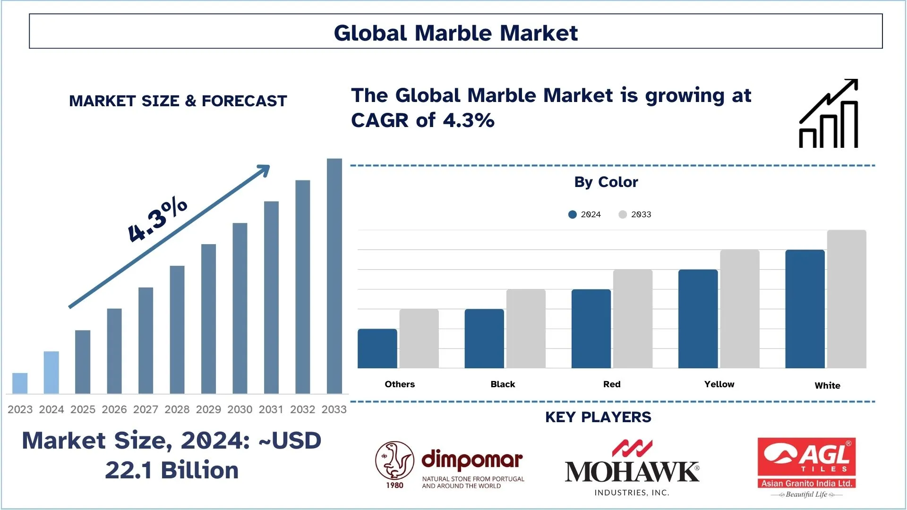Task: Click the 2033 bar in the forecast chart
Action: coord(334,276)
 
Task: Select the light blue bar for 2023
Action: coord(20,383)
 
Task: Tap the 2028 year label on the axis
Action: coord(177,409)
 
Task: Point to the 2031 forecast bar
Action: coord(271,297)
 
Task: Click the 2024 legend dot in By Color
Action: coord(573,214)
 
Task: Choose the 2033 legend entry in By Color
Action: coord(635,214)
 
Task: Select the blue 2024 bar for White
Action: coord(804,309)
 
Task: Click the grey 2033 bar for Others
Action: coord(419,339)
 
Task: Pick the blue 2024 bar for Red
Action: coord(591,329)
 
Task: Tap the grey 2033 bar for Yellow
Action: coord(739,309)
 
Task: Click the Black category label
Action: coord(503,384)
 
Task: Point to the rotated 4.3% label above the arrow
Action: coord(157,220)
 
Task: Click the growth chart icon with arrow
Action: coord(829,114)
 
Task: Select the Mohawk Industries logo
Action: coord(632,468)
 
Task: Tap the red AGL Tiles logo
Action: coord(806,463)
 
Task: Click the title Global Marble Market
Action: coord(455,33)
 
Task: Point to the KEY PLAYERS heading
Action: coord(598,417)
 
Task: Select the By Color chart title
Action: coord(606,182)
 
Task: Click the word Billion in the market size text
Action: coord(199,470)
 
